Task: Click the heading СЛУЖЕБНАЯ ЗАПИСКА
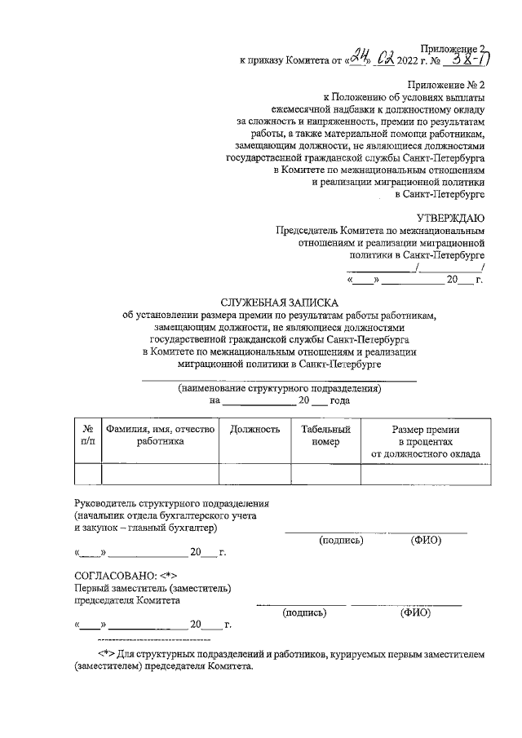(x=280, y=302)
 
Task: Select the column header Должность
(x=255, y=429)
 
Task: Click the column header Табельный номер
(x=325, y=435)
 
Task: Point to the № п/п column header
(x=87, y=435)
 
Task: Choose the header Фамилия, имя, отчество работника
(x=160, y=435)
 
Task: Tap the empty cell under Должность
(x=255, y=474)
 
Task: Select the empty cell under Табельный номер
(x=325, y=474)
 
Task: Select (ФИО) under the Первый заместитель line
(x=415, y=613)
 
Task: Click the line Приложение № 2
(x=447, y=84)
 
